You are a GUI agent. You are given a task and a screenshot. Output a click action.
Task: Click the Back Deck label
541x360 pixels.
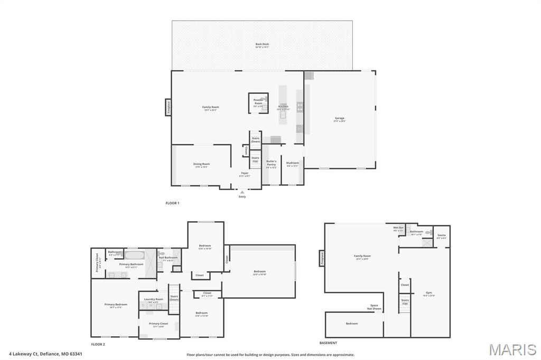[262, 45]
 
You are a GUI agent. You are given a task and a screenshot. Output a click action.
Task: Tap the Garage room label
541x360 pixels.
[339, 119]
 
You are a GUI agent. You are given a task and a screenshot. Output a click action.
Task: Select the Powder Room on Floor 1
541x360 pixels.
[258, 101]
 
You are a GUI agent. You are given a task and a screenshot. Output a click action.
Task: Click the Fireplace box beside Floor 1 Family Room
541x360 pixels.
[169, 107]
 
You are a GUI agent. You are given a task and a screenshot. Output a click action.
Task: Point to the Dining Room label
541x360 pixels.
[201, 165]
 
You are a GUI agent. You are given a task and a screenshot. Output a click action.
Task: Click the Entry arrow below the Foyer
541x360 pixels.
[242, 193]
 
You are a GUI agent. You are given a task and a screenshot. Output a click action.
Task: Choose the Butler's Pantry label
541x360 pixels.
[271, 164]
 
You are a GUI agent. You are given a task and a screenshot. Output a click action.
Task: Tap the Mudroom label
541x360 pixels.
[292, 163]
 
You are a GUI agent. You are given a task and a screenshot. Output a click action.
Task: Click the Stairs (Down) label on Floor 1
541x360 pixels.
[255, 140]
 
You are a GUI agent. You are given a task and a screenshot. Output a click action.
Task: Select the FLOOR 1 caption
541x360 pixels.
[173, 203]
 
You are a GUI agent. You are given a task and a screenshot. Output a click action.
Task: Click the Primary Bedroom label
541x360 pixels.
[116, 305]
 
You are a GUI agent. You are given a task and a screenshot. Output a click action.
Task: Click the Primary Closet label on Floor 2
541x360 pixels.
[158, 324]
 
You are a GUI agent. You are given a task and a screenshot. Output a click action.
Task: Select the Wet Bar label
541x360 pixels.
[398, 229]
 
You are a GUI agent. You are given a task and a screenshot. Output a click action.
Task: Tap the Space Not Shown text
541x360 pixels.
[374, 307]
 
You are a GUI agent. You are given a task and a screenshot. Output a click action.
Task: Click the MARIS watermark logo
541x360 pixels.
[512, 349]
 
